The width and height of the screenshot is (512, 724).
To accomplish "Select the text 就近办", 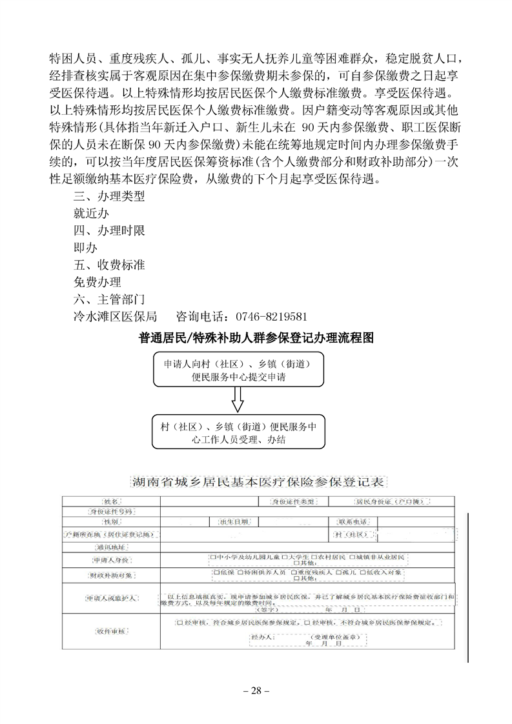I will coord(91,214).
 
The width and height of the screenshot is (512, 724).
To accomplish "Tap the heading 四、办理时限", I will coord(109,231).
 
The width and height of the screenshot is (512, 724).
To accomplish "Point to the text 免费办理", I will coord(97,282).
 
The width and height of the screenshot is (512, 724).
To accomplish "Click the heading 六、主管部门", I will coord(109,299).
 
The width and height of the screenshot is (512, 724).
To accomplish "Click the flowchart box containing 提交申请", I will coord(238,371).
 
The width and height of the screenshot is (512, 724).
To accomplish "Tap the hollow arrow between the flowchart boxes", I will coord(238,401).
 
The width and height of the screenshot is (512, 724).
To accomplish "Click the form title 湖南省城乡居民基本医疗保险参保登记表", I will coord(256,482).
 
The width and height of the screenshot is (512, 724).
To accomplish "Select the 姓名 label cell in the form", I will coord(111,501).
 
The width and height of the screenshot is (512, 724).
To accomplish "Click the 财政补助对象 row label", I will coord(111,575).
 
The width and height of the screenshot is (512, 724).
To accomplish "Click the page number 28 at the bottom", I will coord(256,691).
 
